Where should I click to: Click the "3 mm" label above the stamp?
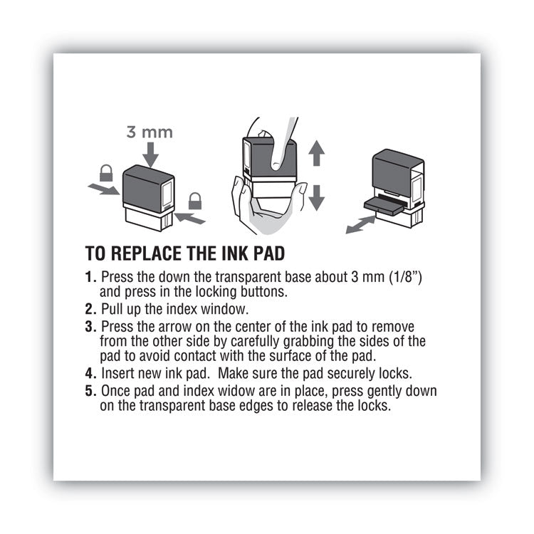(150, 132)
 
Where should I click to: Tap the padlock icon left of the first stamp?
(105, 173)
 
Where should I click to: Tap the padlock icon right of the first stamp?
(194, 201)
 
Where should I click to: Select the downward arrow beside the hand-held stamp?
(317, 195)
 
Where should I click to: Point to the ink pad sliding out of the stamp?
(384, 203)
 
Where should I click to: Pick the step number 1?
(89, 276)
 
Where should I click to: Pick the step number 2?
(90, 308)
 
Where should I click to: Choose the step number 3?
(90, 325)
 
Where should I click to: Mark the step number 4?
(90, 374)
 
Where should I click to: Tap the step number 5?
(90, 391)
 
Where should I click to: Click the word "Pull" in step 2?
(114, 308)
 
